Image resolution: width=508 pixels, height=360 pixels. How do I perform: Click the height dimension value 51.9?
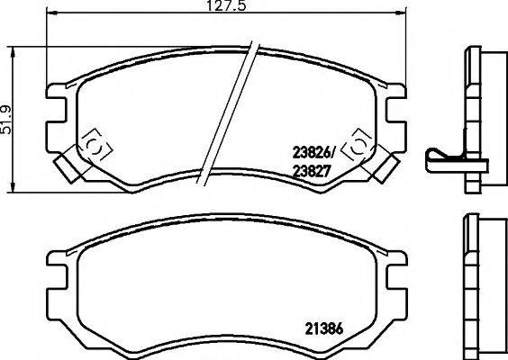[x=8, y=116]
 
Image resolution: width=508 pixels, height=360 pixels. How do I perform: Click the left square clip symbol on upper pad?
[x=94, y=147]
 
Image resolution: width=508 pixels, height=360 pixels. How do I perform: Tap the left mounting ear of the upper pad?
[x=57, y=105]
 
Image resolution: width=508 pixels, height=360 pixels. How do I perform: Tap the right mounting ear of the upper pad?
[x=395, y=105]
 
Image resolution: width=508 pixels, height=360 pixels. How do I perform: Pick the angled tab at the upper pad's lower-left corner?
[x=67, y=166]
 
